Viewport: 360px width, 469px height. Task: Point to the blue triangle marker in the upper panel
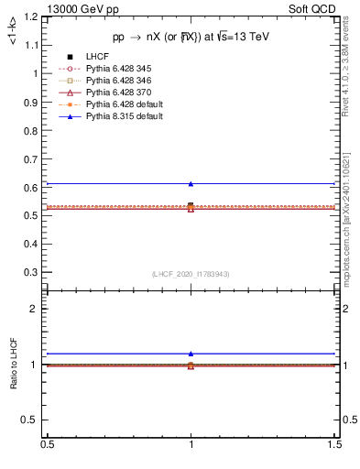[x=191, y=184]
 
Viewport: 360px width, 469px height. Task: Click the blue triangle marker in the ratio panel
[x=191, y=354]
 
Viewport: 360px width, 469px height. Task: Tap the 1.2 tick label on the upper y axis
[x=29, y=17]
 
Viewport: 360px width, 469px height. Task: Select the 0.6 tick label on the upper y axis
[x=29, y=188]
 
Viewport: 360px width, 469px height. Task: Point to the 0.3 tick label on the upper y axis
[x=29, y=272]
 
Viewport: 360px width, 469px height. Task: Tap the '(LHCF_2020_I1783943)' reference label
[x=191, y=274]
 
